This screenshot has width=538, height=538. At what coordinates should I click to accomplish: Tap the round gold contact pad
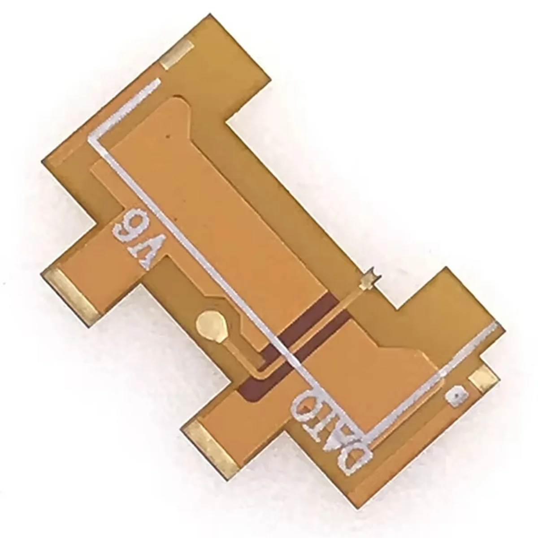210,321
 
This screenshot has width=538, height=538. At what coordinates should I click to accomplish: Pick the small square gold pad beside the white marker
483,377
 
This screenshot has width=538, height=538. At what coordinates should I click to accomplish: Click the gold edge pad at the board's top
178,55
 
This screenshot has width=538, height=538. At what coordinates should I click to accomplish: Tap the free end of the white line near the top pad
158,82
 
